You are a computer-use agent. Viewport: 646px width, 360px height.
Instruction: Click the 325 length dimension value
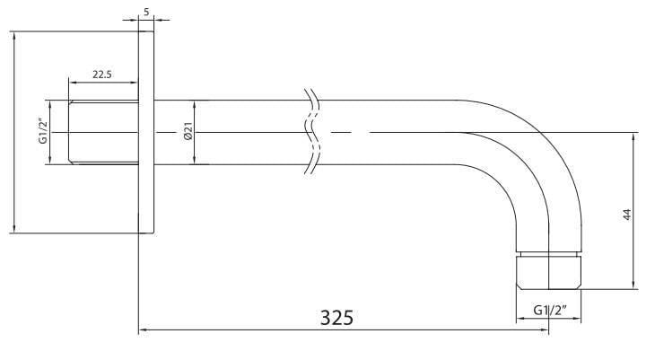pos(336,318)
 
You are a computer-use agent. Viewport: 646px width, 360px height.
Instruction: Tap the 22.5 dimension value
pos(101,75)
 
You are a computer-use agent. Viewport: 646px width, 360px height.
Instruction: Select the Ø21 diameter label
pos(188,131)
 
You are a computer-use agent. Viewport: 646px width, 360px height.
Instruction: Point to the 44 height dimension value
pos(626,215)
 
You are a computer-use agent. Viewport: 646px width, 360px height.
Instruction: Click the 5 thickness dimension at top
pos(146,12)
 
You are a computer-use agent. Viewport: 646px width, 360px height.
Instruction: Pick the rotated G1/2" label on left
pos(43,131)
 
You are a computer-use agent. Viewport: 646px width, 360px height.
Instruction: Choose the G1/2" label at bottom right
pos(550,310)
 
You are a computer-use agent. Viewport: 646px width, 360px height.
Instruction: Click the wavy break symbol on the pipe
pos(312,131)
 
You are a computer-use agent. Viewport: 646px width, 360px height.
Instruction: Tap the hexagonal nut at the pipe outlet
pos(549,272)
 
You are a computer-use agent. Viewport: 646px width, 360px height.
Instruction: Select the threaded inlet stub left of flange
pos(103,132)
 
